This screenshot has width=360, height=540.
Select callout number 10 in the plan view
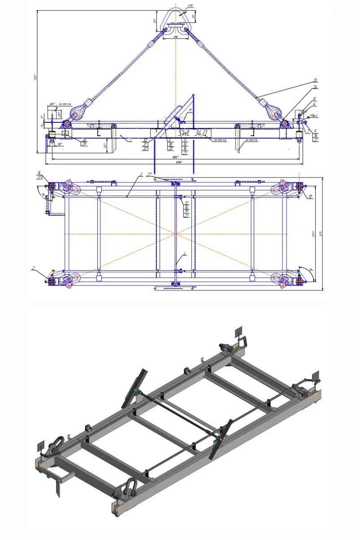(310, 196)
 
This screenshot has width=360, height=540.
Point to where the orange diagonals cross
(175, 233)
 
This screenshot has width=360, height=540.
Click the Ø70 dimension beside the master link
(178, 6)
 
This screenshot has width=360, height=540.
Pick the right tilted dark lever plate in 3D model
(221, 438)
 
